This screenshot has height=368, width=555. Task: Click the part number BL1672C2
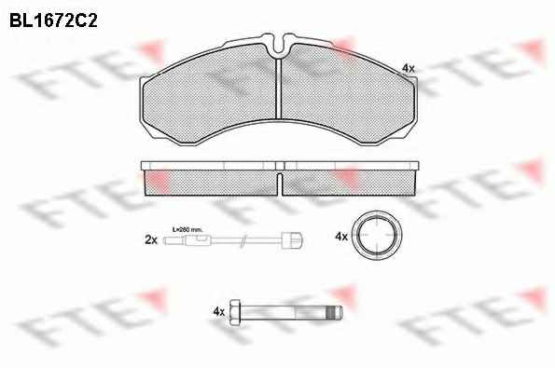point(53,20)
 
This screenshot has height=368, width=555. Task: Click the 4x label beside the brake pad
point(409,68)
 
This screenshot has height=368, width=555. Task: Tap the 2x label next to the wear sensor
point(151,240)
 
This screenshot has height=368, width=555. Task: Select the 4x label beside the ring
point(341,236)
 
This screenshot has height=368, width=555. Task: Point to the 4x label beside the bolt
point(219,311)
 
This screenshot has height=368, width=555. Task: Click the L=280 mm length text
point(187,230)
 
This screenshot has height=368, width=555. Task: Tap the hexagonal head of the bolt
point(235,312)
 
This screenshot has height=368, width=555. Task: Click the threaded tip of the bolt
point(335,312)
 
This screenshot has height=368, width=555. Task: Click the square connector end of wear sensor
point(292,240)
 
